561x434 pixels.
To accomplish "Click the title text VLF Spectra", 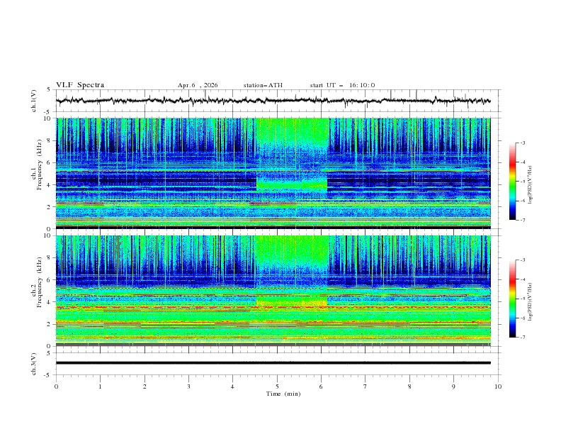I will coord(80,85).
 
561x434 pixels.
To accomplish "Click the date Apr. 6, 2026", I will coord(198,85).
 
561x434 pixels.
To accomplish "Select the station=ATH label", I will coord(263,85).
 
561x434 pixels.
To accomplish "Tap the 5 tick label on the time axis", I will coord(277,386).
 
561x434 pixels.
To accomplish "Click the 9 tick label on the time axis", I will coord(453,386).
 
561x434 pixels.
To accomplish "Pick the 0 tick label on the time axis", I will coord(56,386).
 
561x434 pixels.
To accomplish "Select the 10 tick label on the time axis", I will coord(498,386).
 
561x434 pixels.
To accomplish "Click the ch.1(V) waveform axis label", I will coord(35,101).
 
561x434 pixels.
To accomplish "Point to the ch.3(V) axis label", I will coord(35,362).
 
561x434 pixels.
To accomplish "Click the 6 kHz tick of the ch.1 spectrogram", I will coord(49,163).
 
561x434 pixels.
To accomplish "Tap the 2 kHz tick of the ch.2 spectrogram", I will coord(49,324).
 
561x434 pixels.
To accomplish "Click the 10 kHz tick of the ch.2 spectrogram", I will coord(47,236).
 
